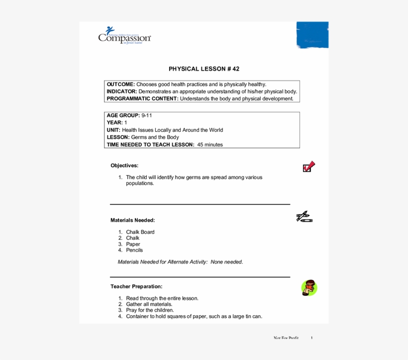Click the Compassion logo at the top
coord(124,35)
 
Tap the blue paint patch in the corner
coord(312,34)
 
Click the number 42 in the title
coord(235,69)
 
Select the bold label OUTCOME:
coord(120,85)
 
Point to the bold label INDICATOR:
coord(121,91)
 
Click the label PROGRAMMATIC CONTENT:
coord(142,98)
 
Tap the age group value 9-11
coord(147,115)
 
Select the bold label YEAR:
coord(114,122)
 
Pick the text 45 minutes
coord(210,145)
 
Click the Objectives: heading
coord(124,166)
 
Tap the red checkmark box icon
coord(309,167)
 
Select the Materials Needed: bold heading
coord(132,220)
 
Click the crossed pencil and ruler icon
coord(304,216)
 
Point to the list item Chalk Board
coord(140,232)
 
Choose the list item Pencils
coord(134,250)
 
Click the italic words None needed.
coord(226,262)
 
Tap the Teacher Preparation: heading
coord(136,286)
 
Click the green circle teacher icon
coord(309,288)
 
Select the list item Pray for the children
coord(150,310)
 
